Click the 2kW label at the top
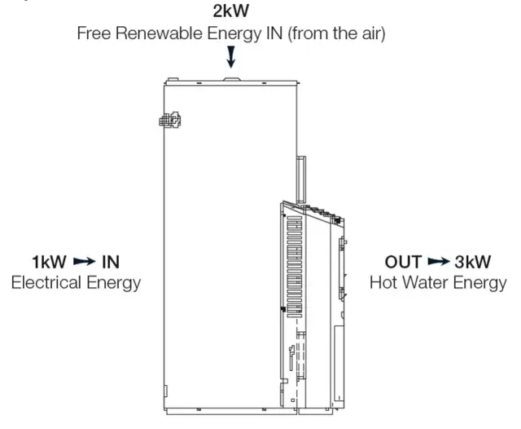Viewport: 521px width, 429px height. [x=231, y=13]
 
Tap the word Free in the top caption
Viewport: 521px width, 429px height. [x=94, y=34]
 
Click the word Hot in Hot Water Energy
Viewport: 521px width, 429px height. [x=384, y=283]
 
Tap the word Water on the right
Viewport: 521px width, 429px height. [x=429, y=283]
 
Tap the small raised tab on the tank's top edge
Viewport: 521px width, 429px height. [x=230, y=80]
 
